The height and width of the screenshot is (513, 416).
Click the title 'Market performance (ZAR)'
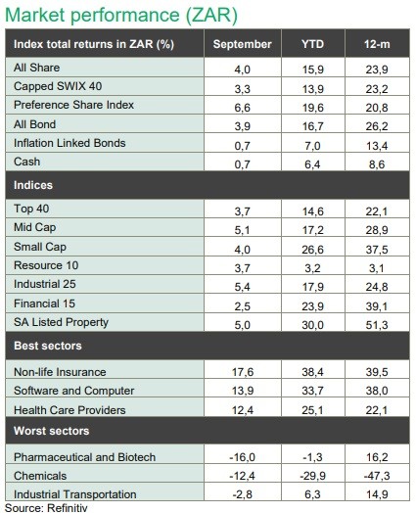tap(121, 15)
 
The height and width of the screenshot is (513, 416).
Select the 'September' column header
tap(243, 44)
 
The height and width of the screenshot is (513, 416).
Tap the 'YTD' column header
tap(312, 44)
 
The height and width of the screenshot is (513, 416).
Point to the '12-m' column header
tap(377, 44)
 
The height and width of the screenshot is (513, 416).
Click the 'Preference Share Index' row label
tap(73, 105)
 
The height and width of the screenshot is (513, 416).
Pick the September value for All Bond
tap(243, 126)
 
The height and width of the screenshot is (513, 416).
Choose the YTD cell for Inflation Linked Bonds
tap(312, 146)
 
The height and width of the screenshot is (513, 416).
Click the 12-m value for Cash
tap(377, 164)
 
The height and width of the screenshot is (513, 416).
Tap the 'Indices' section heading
tap(33, 185)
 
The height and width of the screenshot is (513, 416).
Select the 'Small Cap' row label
tap(40, 247)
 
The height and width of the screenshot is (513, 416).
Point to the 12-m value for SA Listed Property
tap(377, 325)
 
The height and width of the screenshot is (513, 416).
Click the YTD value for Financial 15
tap(312, 306)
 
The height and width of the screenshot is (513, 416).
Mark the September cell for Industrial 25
tap(243, 287)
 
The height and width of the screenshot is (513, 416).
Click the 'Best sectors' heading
tap(48, 346)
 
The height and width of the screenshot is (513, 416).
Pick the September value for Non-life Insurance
tap(243, 372)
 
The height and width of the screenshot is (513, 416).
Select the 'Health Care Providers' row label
tap(69, 410)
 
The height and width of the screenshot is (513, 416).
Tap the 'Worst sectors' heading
tap(51, 431)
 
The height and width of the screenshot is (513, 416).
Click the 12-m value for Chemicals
tap(377, 476)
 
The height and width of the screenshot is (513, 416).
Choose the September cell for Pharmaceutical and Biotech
tap(243, 457)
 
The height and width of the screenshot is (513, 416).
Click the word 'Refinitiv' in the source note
tap(68, 508)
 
